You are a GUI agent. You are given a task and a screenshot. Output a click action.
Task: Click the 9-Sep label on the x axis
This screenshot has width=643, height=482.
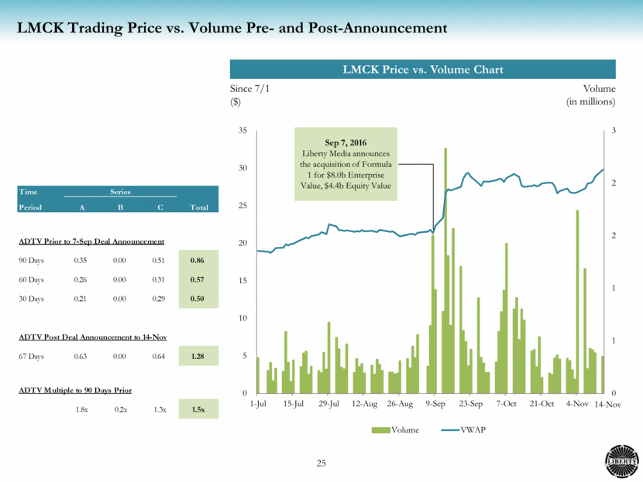[435, 404]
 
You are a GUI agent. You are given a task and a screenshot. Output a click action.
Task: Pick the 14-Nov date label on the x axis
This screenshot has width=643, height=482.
[601, 404]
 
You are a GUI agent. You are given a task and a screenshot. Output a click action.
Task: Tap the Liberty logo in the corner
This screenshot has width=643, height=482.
[620, 460]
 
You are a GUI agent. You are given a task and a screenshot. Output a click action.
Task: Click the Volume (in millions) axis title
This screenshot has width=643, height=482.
[590, 95]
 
